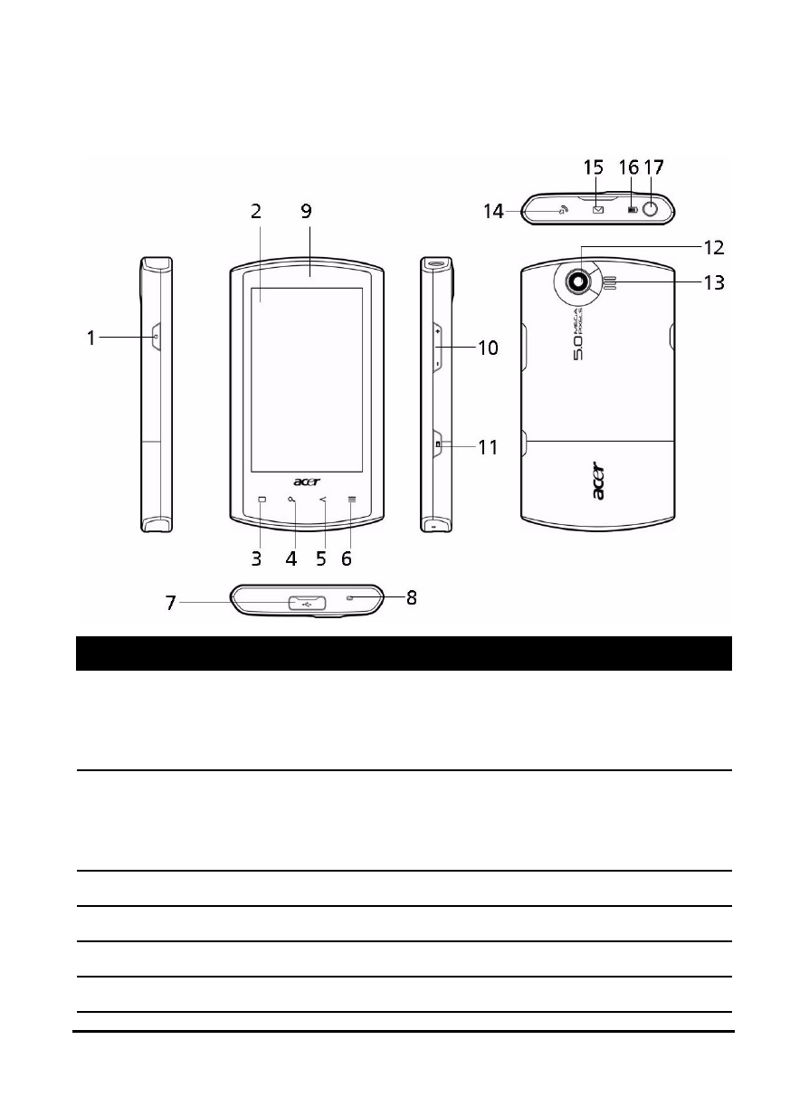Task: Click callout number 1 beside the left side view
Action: pos(91,338)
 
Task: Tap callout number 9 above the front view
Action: pos(307,211)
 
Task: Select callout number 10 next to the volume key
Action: pos(488,348)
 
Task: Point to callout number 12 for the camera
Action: pos(713,248)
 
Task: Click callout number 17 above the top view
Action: pos(654,167)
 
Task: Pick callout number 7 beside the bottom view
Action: pos(171,603)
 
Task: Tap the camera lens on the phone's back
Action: pos(578,281)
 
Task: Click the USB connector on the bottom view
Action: pos(307,603)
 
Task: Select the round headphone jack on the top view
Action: pos(651,210)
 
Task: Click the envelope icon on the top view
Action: pos(598,210)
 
